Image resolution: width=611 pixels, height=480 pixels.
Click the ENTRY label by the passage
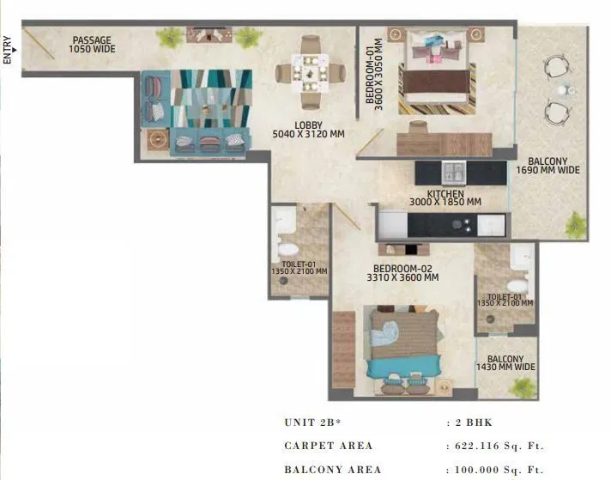pos(8,50)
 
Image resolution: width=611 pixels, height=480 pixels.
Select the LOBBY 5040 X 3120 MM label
pos(308,130)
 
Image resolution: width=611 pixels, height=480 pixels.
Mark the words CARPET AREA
pos(328,446)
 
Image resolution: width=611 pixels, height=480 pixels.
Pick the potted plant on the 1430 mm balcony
pos(521,387)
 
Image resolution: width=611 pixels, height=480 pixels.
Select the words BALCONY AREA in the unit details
pos(330,470)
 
